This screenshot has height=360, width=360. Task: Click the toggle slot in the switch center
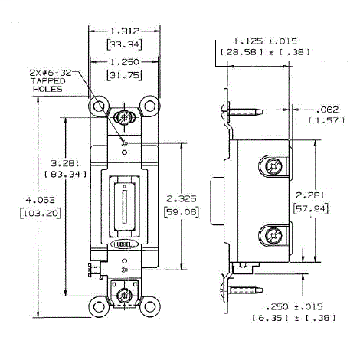(123, 205)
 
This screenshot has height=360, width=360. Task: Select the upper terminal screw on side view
(273, 165)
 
